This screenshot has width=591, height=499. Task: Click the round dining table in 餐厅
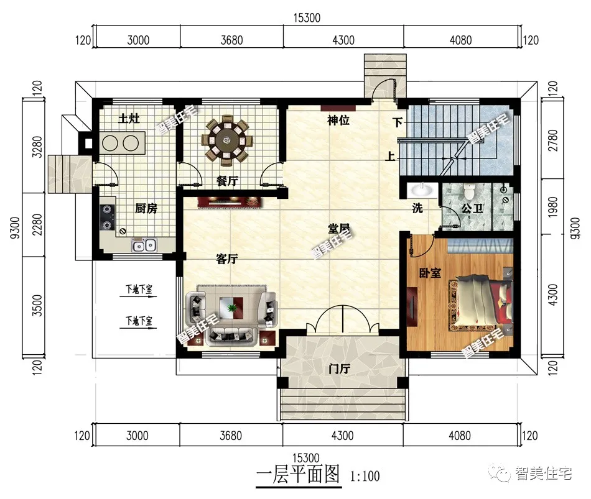[x=226, y=140]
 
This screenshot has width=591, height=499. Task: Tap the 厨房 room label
[x=146, y=208]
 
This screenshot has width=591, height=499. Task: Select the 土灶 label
[x=129, y=119]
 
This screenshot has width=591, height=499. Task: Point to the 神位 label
[x=338, y=121]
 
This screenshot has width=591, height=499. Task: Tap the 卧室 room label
[x=430, y=273]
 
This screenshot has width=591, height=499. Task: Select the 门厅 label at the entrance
[x=339, y=369]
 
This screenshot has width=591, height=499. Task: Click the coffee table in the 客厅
[x=232, y=308]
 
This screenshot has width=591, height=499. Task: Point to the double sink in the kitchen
[x=144, y=245]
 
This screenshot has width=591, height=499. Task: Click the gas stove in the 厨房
[x=108, y=217]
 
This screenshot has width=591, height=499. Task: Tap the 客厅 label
[x=226, y=259]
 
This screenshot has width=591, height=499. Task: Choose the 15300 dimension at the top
[x=307, y=17]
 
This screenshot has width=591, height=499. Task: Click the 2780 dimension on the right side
[x=553, y=140]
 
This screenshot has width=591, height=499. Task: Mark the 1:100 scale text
[x=365, y=477]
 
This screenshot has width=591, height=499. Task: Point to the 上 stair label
[x=389, y=156]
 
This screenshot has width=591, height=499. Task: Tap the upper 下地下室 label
[x=139, y=289]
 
